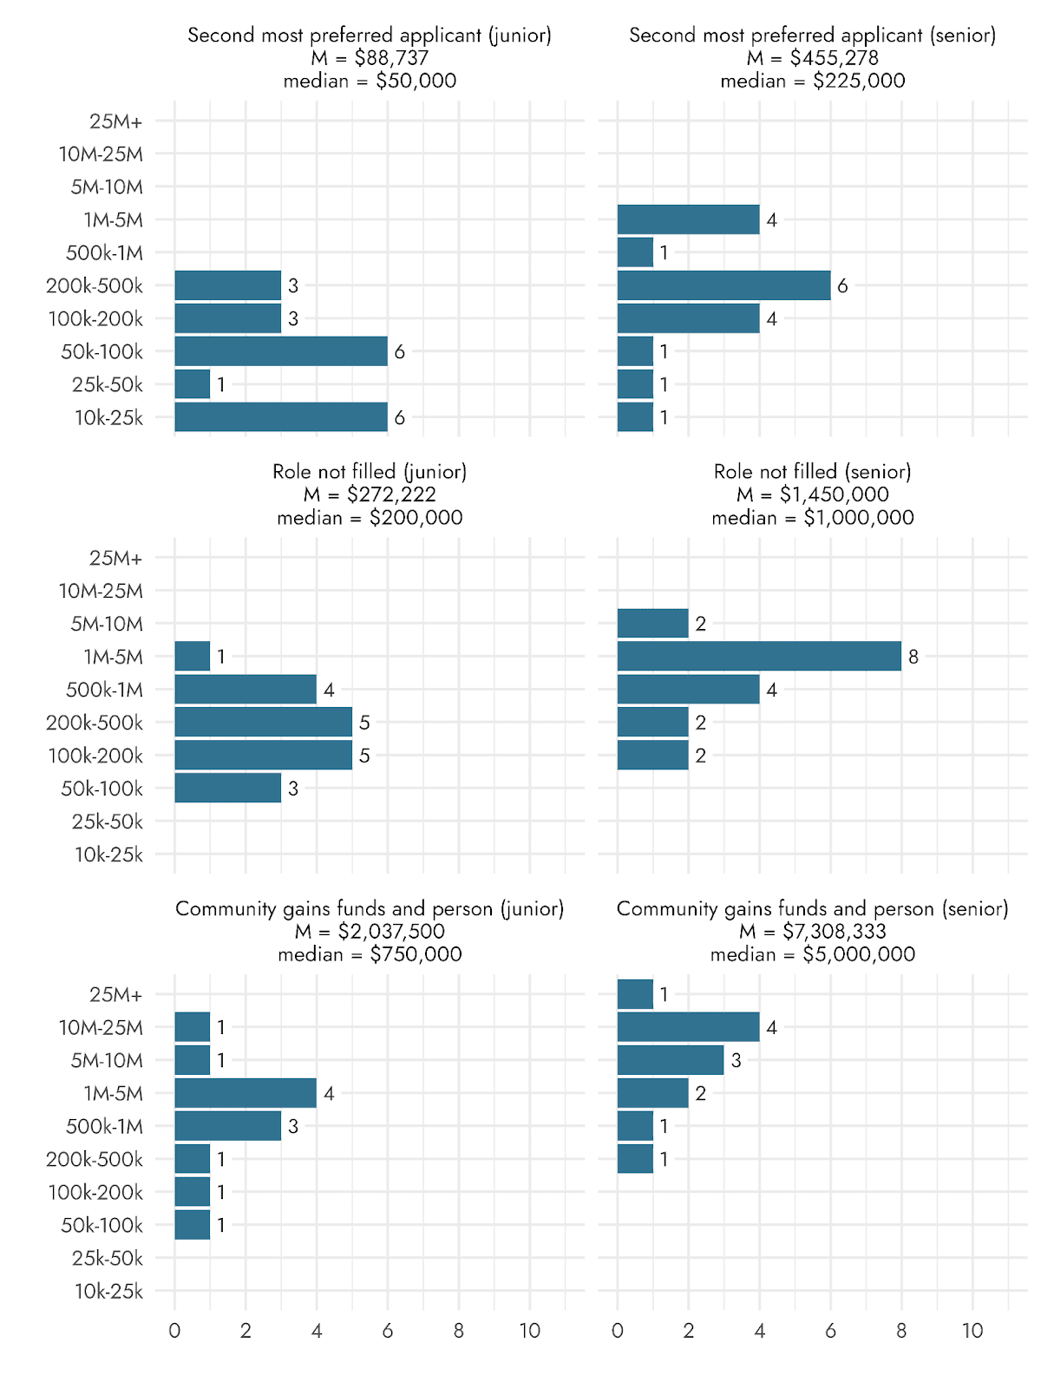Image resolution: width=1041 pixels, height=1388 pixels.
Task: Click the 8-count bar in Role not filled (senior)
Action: (759, 656)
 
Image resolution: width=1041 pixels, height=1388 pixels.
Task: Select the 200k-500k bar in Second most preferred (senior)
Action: (723, 285)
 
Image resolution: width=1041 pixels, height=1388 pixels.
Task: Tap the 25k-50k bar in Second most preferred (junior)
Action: (193, 384)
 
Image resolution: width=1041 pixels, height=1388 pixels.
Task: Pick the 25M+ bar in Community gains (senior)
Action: (635, 994)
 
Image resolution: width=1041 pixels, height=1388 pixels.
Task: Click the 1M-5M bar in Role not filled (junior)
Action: (193, 656)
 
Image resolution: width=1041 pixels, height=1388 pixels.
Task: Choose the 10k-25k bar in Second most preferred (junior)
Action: (281, 417)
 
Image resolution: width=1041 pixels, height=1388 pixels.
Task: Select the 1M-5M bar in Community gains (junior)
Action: (246, 1093)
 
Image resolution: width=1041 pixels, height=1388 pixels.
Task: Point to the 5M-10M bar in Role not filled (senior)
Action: (652, 623)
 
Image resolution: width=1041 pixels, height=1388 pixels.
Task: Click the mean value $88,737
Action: (391, 58)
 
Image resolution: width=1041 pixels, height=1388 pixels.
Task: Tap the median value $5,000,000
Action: (859, 954)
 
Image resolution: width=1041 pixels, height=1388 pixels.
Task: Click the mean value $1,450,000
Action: (834, 494)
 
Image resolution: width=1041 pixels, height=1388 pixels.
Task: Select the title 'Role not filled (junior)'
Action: (370, 472)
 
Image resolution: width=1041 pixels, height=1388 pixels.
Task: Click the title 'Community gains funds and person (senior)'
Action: (812, 908)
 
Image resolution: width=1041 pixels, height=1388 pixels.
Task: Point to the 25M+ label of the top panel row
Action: (115, 121)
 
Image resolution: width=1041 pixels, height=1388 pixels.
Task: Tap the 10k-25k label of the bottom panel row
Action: (108, 1291)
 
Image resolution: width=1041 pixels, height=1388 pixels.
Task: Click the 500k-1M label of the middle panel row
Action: (104, 690)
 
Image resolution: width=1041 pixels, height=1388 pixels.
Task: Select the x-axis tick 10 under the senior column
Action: (972, 1331)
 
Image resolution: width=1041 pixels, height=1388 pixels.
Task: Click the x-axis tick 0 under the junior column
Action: (174, 1331)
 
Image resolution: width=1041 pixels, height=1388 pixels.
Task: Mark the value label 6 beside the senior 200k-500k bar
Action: (842, 285)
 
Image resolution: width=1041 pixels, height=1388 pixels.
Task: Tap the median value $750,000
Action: (416, 954)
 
